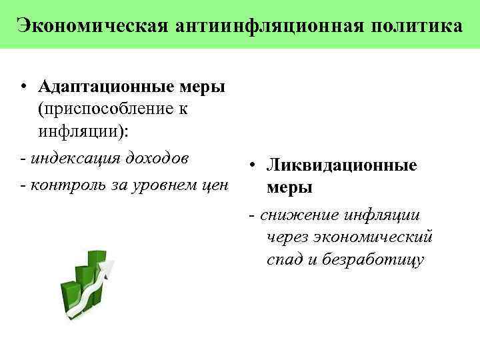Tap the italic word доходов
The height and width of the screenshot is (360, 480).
(x=153, y=159)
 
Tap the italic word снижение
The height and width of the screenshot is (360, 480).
(x=300, y=215)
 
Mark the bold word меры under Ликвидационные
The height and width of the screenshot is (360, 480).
(x=289, y=187)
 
